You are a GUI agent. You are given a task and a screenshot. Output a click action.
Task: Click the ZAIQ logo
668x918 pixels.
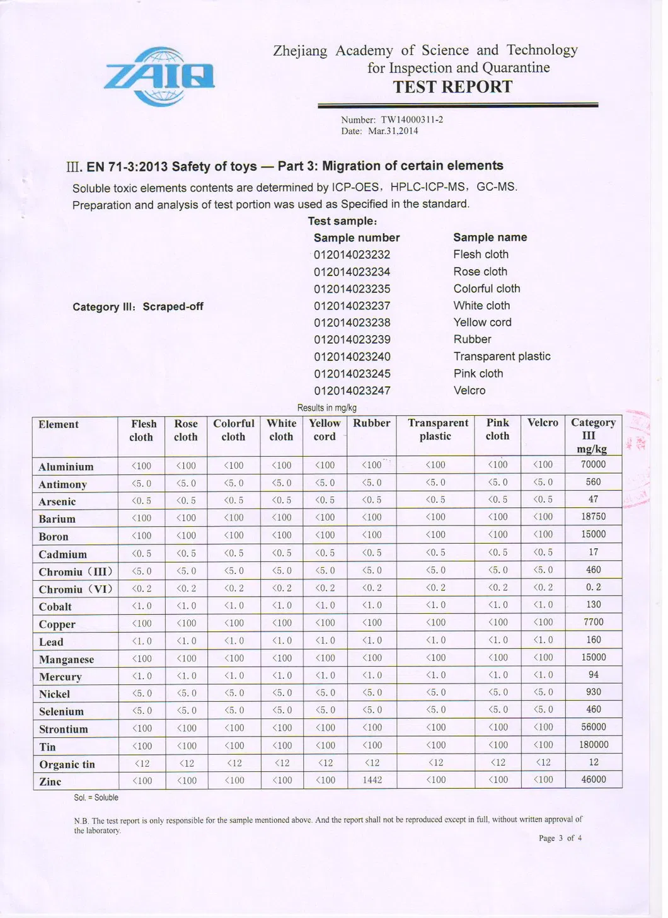pyautogui.click(x=159, y=76)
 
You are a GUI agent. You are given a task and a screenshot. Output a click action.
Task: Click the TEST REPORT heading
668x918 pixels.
pyautogui.click(x=452, y=87)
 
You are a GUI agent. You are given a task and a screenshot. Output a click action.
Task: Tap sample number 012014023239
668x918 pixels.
pyautogui.click(x=352, y=340)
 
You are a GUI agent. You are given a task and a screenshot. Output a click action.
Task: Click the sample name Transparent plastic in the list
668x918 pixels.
pyautogui.click(x=502, y=357)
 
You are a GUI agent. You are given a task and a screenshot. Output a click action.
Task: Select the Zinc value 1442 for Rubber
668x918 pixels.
pyautogui.click(x=371, y=780)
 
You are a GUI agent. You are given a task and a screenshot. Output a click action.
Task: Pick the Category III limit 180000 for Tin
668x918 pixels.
pyautogui.click(x=593, y=745)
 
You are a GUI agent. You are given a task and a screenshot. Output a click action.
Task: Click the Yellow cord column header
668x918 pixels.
pyautogui.click(x=325, y=430)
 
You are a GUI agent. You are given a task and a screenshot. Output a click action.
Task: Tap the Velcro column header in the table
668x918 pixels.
pyautogui.click(x=543, y=423)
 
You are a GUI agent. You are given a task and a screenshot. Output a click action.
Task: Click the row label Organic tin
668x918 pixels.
pyautogui.click(x=67, y=764)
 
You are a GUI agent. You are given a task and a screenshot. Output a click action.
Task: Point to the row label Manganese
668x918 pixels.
pyautogui.click(x=66, y=660)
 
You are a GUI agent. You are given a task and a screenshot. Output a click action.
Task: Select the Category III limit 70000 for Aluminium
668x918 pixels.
pyautogui.click(x=593, y=464)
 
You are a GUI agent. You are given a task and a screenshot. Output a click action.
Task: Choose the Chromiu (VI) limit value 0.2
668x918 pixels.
pyautogui.click(x=593, y=587)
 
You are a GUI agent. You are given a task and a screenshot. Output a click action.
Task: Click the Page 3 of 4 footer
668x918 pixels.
pyautogui.click(x=560, y=838)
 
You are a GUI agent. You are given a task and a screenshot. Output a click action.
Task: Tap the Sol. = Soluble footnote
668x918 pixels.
pyautogui.click(x=96, y=798)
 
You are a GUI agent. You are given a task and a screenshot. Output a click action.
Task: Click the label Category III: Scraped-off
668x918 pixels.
pyautogui.click(x=137, y=307)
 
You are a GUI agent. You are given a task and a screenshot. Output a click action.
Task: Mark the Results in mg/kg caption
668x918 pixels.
pyautogui.click(x=326, y=408)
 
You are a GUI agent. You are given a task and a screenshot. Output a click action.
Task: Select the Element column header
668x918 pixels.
pyautogui.click(x=59, y=425)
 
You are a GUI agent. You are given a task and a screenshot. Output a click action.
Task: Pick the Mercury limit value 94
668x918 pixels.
pyautogui.click(x=593, y=675)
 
